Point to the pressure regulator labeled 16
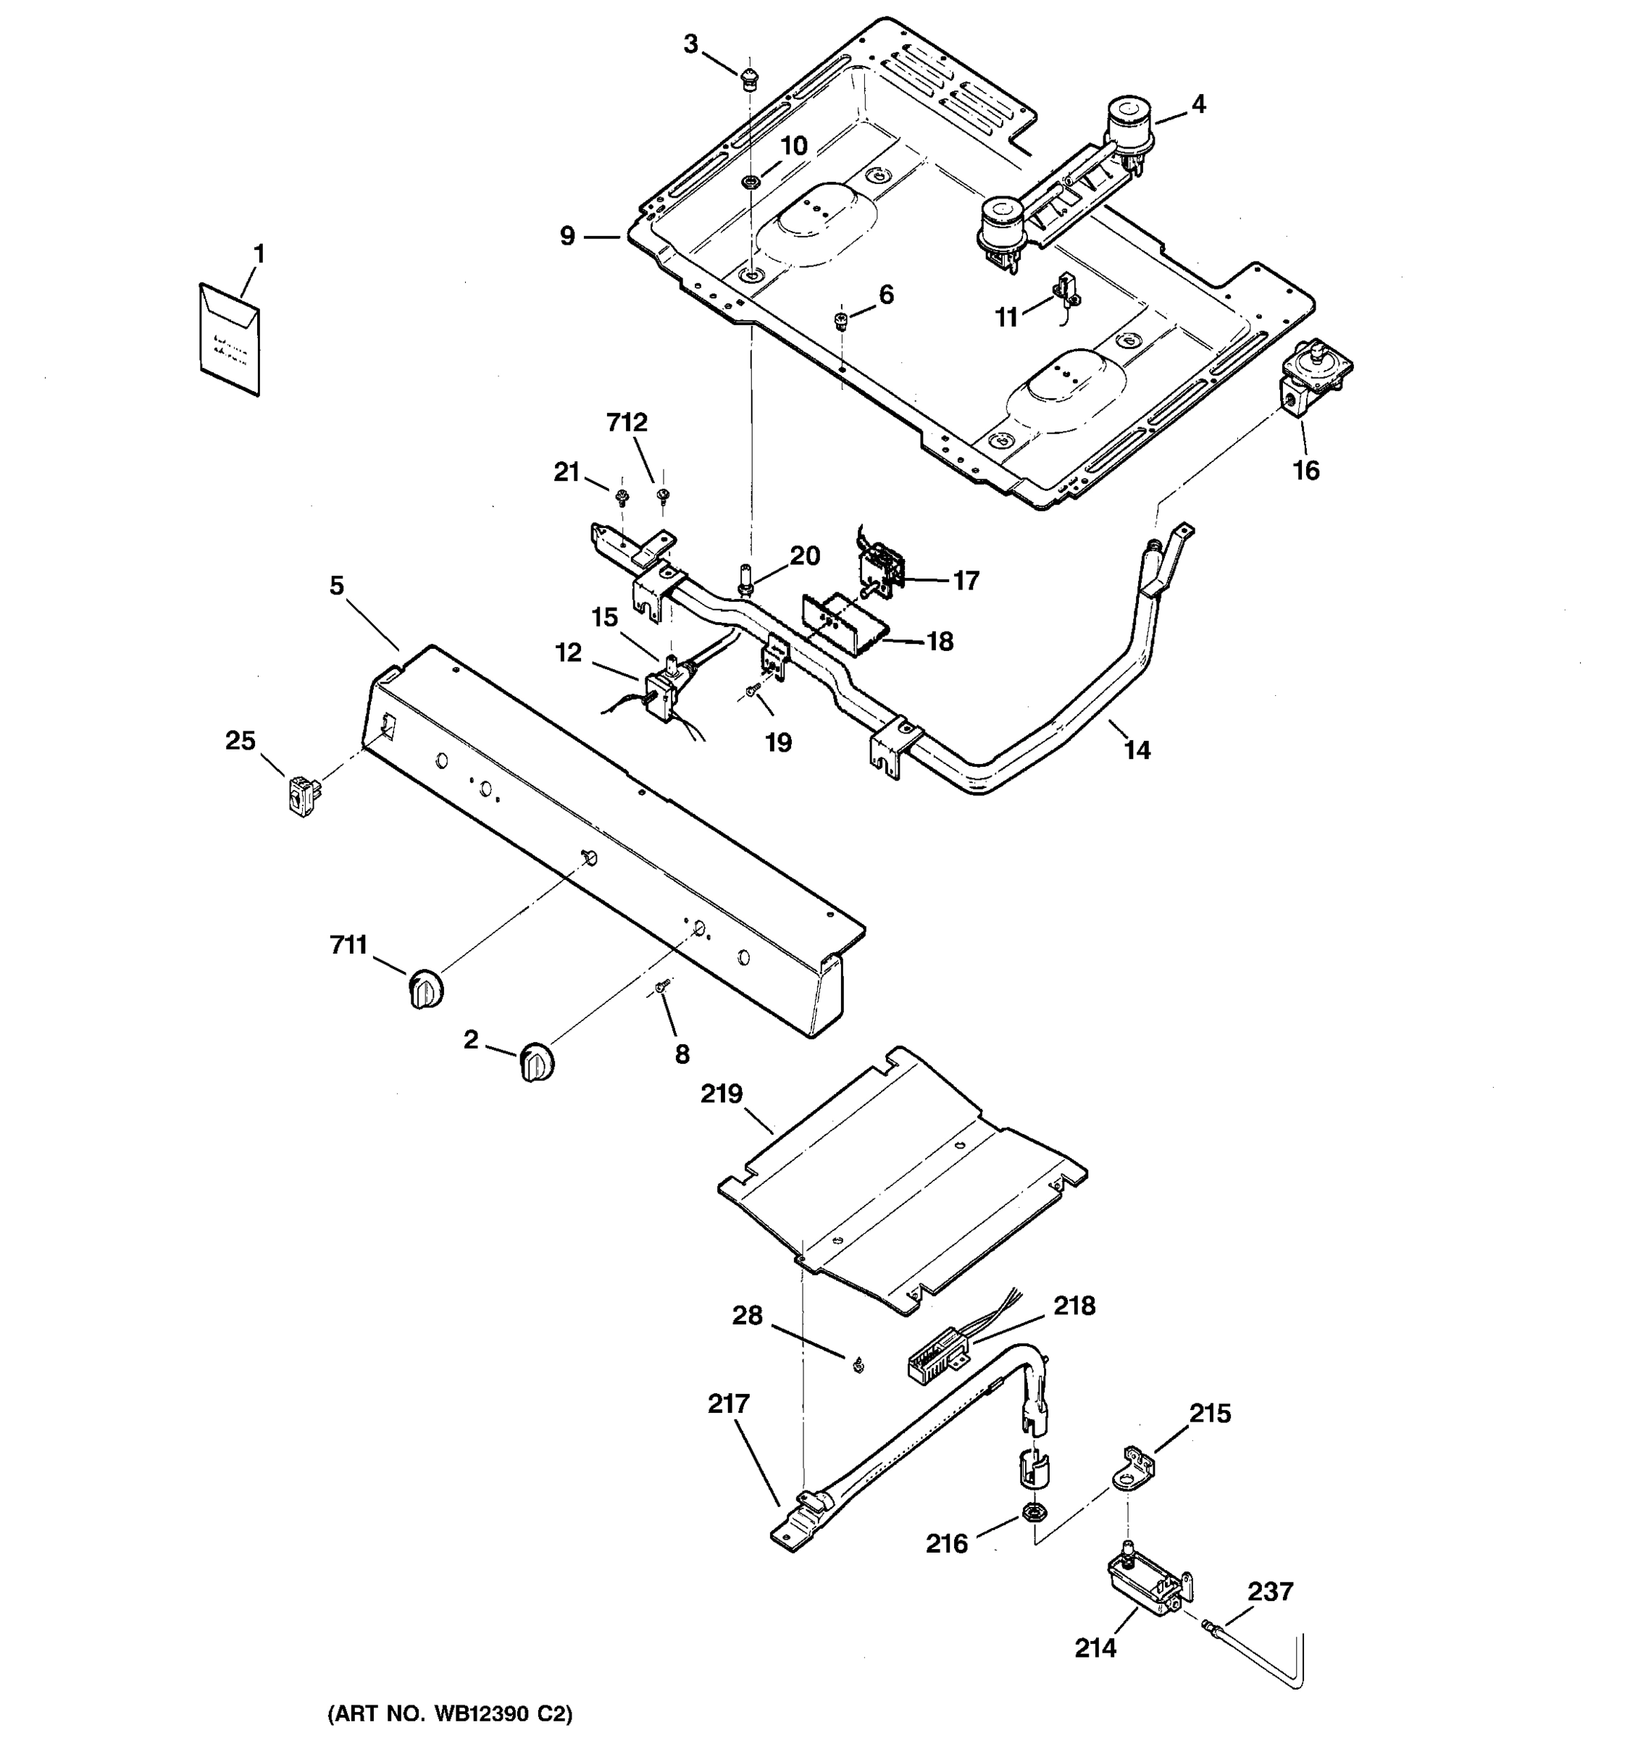pyautogui.click(x=1314, y=379)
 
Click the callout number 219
pyautogui.click(x=722, y=1093)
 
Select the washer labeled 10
pyautogui.click(x=751, y=182)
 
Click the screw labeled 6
pyautogui.click(x=841, y=320)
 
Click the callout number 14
pyautogui.click(x=1136, y=750)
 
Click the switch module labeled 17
pyautogui.click(x=884, y=569)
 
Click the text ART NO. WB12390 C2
pyautogui.click(x=449, y=1713)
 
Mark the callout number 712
pyautogui.click(x=627, y=422)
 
